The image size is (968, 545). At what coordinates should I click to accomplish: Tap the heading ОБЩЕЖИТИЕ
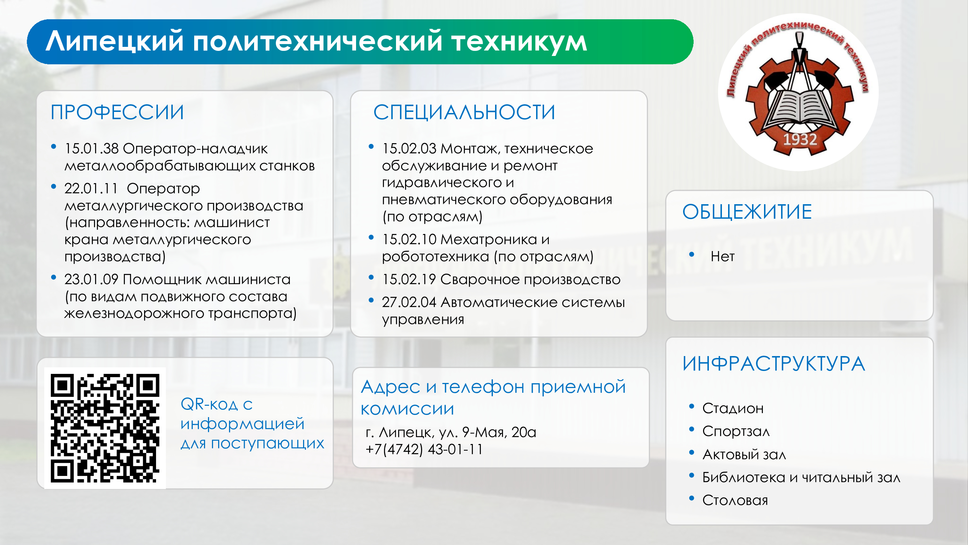tap(747, 211)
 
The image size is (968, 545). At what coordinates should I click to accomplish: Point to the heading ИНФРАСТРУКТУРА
tap(774, 364)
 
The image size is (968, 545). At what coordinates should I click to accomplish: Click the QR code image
tap(105, 428)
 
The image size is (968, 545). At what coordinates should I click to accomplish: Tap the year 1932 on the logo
tap(800, 140)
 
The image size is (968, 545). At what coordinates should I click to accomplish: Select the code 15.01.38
tap(92, 149)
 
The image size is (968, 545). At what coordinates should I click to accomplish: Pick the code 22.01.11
tap(91, 189)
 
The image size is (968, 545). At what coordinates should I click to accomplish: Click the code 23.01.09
tap(91, 279)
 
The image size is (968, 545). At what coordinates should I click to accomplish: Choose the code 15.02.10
tap(409, 239)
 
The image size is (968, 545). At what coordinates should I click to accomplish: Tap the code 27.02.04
tap(409, 302)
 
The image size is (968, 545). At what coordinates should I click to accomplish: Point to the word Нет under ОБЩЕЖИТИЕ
tap(722, 257)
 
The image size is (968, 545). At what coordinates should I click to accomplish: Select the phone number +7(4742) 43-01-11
tap(424, 449)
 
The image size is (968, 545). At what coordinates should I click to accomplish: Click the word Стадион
tap(733, 408)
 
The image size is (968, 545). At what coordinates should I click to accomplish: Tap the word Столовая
tap(735, 500)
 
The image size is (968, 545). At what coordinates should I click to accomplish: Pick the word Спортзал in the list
tap(736, 431)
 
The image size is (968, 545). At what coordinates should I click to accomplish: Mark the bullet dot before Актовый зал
tap(691, 452)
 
